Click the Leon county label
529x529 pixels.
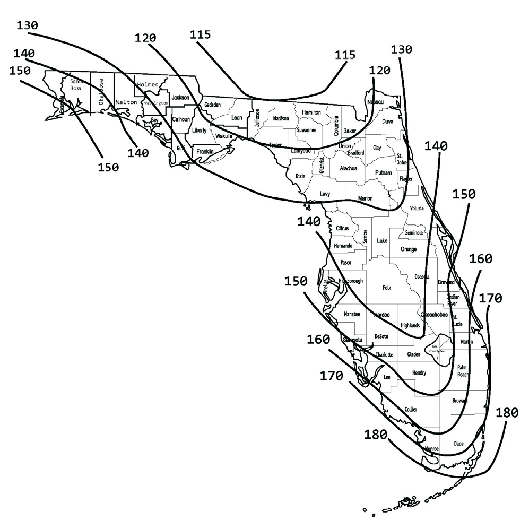237,118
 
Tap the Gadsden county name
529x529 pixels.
212,105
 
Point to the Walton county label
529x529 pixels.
126,102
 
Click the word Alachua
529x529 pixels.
348,168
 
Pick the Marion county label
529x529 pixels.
365,198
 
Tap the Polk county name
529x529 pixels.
386,288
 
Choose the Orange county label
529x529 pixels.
409,249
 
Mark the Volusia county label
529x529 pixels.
417,209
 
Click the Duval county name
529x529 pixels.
388,122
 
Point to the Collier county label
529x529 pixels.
411,410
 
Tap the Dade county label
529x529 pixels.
458,443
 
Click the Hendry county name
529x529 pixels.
419,373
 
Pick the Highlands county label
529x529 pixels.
410,326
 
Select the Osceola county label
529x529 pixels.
422,277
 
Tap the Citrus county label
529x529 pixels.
342,228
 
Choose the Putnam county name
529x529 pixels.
383,173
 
